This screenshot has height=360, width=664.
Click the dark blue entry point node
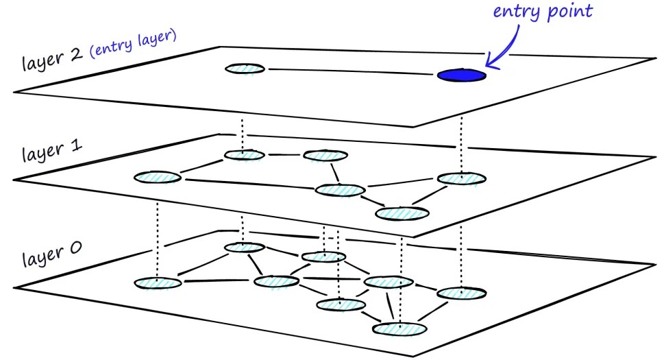coord(462,74)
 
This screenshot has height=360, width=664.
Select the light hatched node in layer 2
coord(245,69)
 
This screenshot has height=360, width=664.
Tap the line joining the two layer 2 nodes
coord(349,71)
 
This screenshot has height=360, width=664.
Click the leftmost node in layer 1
coord(158,178)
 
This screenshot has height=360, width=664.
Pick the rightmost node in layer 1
coord(462,179)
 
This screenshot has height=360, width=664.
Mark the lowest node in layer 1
coord(403,213)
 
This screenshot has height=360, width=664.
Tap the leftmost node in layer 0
coord(158,283)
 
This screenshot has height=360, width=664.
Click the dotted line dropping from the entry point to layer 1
coord(462,144)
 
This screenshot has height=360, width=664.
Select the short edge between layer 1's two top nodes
coord(284,155)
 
